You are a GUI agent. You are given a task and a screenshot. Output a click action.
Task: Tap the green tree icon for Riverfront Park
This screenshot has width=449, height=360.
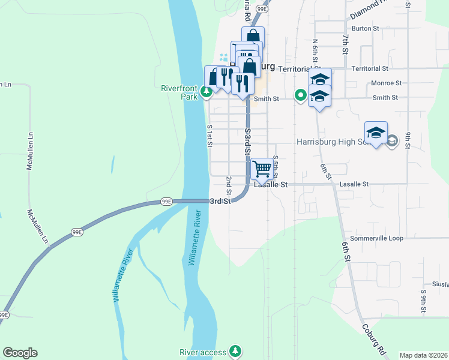(206, 92)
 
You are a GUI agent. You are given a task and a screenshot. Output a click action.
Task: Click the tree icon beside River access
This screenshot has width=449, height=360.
(237, 351)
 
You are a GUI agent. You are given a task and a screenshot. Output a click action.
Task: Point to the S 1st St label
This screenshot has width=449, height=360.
(209, 136)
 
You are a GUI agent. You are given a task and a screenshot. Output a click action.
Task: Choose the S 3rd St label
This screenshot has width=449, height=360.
(247, 142)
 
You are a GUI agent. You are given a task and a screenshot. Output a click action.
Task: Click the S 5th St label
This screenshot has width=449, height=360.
(275, 165)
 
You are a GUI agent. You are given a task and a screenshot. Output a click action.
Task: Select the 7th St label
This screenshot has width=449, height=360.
(345, 44)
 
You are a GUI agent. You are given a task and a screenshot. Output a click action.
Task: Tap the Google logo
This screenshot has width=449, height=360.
(20, 353)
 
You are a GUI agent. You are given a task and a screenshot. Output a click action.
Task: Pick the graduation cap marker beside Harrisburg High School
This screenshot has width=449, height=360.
(376, 133)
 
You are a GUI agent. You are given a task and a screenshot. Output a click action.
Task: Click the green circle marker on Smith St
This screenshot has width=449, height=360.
(300, 95)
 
